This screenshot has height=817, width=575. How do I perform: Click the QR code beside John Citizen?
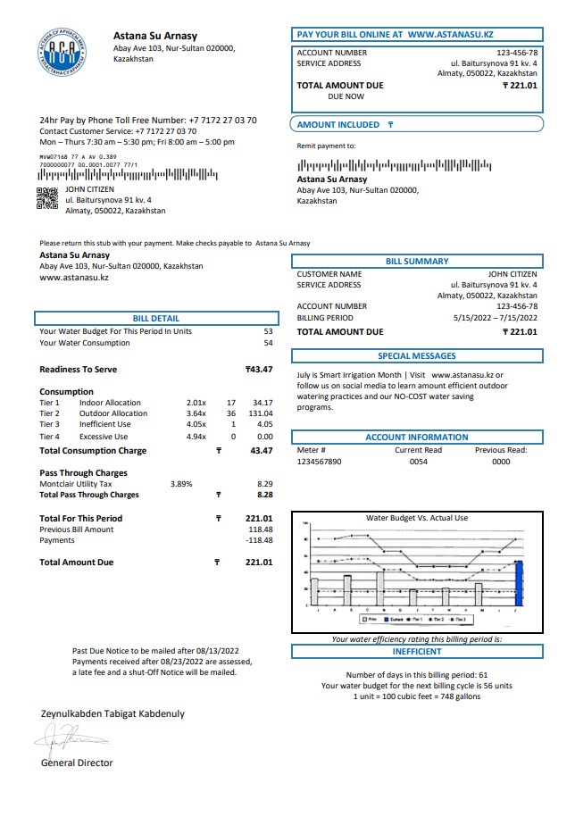46,198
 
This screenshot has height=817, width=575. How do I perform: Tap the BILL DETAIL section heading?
155,318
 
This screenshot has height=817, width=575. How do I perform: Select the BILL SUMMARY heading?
417,262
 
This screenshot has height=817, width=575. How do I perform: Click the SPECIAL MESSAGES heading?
416,356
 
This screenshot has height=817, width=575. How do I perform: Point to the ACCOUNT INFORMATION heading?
416,438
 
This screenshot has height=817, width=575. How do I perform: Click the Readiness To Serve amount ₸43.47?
259,370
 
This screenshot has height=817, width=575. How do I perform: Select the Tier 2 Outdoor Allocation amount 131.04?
259,413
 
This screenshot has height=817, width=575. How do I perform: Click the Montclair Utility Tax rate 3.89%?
181,483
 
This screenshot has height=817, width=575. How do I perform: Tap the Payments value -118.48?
259,540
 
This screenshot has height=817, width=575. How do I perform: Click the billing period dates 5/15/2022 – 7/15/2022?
495,317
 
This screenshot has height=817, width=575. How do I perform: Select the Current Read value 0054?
418,463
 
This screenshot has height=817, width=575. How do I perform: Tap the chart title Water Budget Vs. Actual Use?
416,518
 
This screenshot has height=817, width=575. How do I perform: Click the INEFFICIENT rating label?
417,652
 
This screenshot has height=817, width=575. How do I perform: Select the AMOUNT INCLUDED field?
416,125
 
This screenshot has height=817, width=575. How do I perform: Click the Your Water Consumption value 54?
268,343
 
